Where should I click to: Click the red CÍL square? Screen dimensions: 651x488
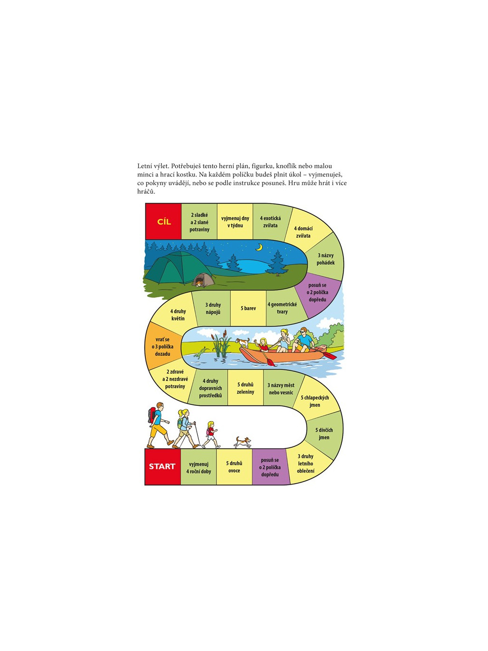click(x=163, y=221)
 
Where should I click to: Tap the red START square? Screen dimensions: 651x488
click(x=163, y=466)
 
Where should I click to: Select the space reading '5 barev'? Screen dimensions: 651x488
click(x=248, y=308)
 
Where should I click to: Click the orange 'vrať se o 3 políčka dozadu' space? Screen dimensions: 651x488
click(x=163, y=347)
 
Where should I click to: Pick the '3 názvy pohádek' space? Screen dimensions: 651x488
click(x=325, y=259)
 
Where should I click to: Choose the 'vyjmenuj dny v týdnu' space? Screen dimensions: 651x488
click(x=235, y=222)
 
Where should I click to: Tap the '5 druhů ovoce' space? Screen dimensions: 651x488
click(x=234, y=467)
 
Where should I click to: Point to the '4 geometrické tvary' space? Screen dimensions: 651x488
click(x=282, y=308)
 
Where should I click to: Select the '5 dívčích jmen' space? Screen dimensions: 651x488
click(x=324, y=434)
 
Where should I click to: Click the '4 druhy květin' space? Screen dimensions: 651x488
click(x=178, y=315)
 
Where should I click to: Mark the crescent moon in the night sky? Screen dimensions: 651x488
click(x=259, y=247)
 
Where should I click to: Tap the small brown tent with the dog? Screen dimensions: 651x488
click(x=203, y=280)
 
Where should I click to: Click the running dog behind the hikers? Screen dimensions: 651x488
click(x=243, y=442)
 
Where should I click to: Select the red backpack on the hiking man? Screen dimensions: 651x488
click(x=152, y=415)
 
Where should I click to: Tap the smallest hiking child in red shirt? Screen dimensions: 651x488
click(x=210, y=434)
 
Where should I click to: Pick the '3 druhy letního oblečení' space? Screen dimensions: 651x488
click(x=305, y=464)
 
